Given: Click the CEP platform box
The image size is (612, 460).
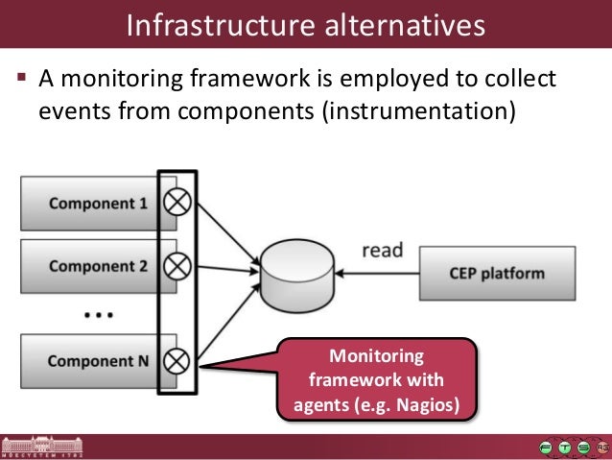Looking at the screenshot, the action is click(x=497, y=273).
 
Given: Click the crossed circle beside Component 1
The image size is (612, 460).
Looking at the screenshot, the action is click(x=177, y=202).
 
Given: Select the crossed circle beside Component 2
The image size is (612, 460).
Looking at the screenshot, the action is click(x=177, y=266).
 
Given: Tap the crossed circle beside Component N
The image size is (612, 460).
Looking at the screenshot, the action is click(x=177, y=361).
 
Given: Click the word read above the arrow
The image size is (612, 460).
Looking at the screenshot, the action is click(x=383, y=250).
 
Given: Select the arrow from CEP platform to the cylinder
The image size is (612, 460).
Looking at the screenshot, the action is click(x=377, y=273).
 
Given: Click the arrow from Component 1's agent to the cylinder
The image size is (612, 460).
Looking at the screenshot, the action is click(x=228, y=233).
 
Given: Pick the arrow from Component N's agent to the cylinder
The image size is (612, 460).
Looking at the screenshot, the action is click(x=228, y=322).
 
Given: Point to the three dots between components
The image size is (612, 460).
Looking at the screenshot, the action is click(x=99, y=315).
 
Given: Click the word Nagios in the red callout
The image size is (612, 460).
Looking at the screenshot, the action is click(x=428, y=405).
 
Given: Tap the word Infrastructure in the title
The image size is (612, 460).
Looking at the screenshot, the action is click(x=221, y=25).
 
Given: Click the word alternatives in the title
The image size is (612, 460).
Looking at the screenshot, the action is click(x=405, y=25).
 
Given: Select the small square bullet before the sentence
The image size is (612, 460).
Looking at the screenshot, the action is click(x=21, y=76).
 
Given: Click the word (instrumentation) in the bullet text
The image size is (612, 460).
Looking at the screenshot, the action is click(x=419, y=111).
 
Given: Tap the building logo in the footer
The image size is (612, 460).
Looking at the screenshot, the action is click(x=41, y=447).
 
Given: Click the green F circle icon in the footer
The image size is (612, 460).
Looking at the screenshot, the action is click(x=546, y=448).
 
